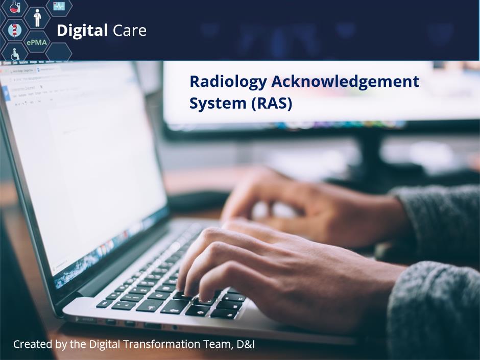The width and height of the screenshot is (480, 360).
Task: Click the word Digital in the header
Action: click(x=82, y=31)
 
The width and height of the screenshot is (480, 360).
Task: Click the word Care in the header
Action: click(x=130, y=31)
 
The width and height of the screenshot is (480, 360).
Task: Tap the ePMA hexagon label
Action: click(x=37, y=42)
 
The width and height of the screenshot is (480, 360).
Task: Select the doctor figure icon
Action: click(x=37, y=17)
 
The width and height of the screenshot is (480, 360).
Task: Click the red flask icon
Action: click(x=15, y=7)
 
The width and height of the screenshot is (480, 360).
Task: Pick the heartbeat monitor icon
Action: click(x=59, y=6)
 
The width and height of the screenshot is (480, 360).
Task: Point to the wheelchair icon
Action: click(x=15, y=54)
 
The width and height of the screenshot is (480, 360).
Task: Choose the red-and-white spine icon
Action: click(x=14, y=30)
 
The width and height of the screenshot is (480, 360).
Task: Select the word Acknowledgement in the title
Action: click(x=345, y=81)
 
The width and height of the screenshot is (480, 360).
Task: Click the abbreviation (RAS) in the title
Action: click(x=272, y=104)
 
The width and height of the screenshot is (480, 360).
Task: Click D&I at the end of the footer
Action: click(x=246, y=344)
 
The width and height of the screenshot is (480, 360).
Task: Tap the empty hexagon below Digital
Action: click(x=59, y=52)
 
